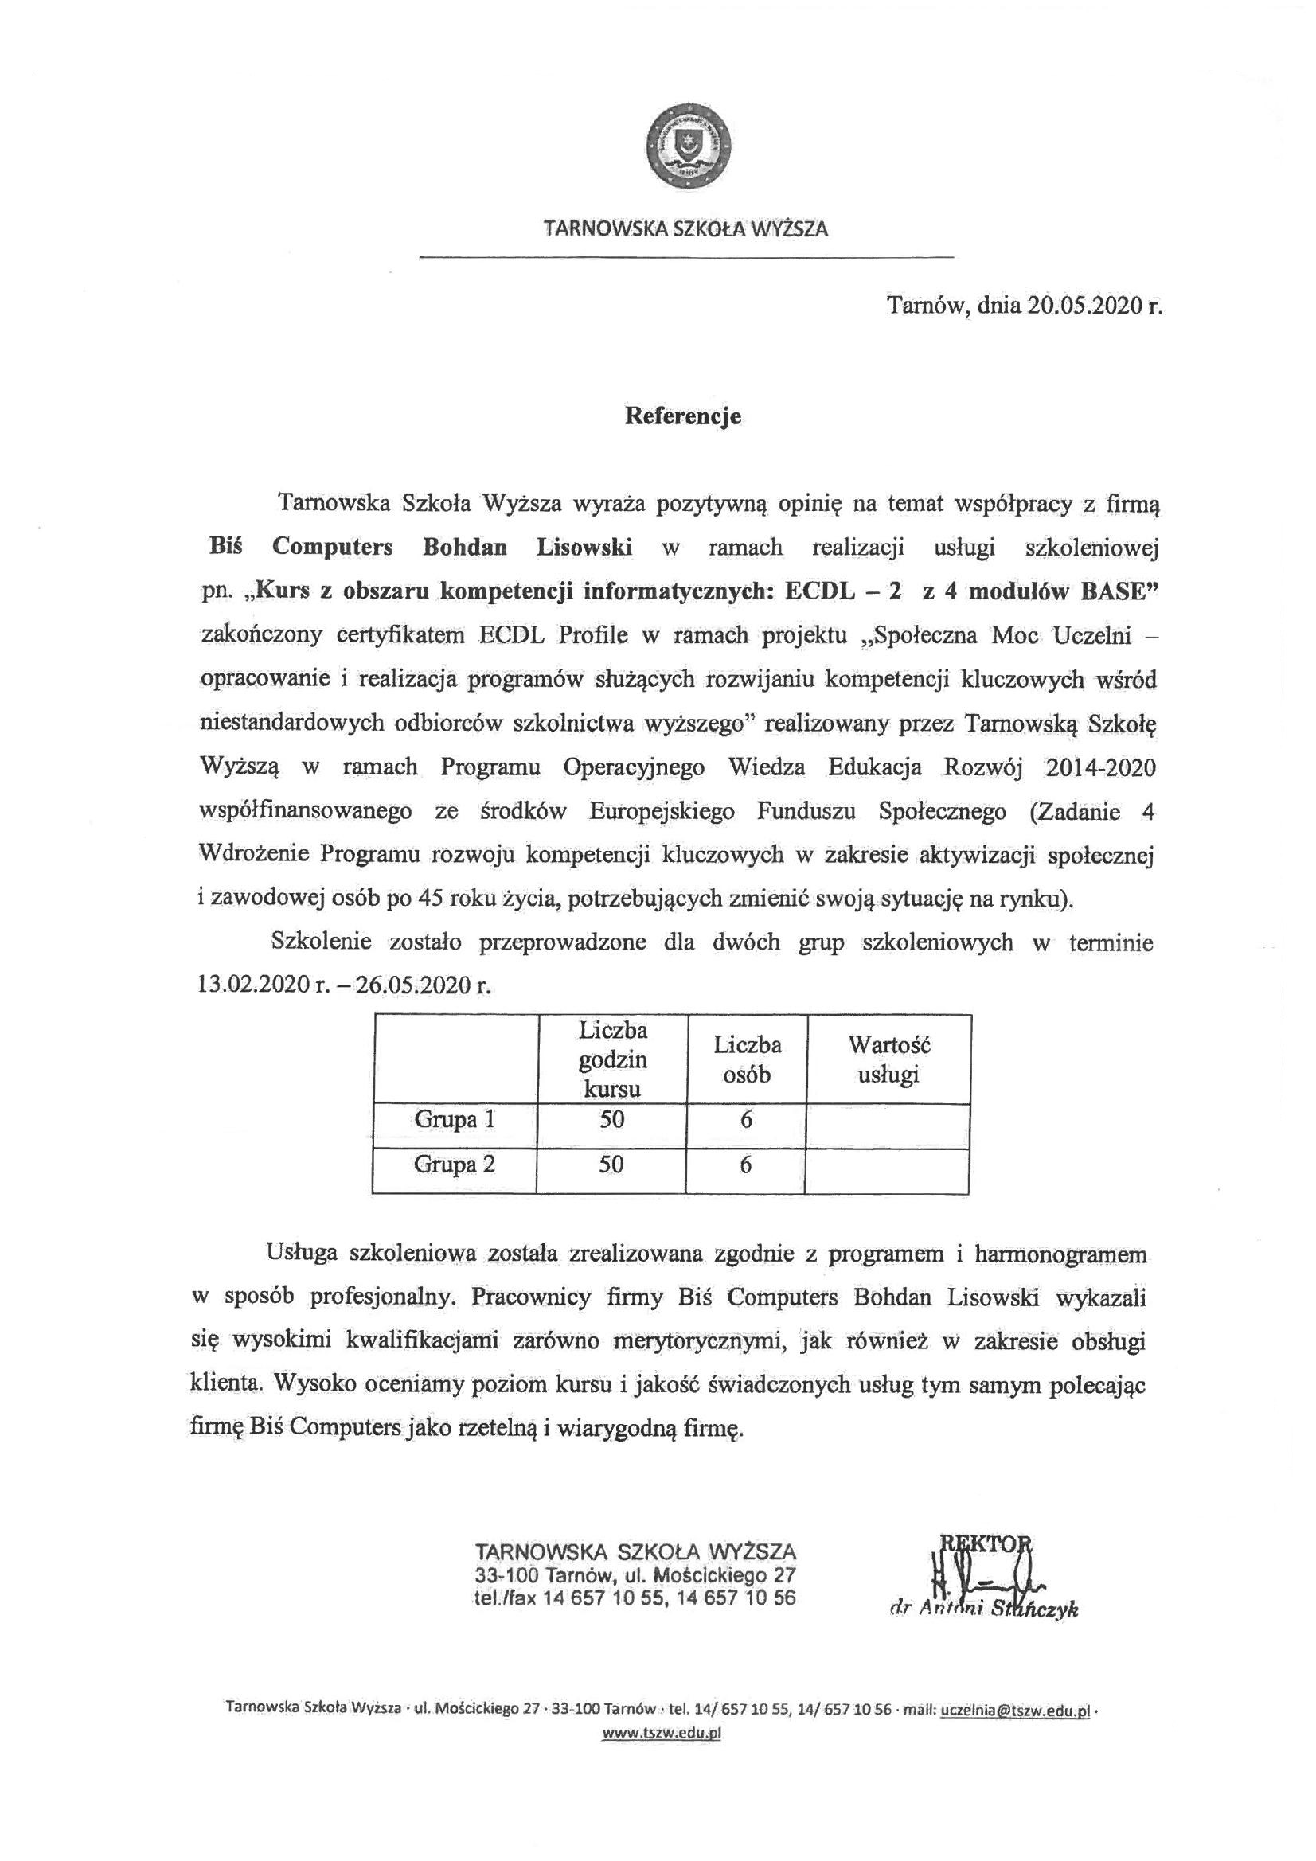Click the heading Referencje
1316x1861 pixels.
click(x=683, y=416)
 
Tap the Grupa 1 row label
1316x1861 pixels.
click(x=454, y=1119)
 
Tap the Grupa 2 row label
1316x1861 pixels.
click(x=454, y=1165)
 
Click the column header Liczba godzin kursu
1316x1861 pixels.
click(x=612, y=1059)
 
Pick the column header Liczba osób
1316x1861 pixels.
click(x=747, y=1059)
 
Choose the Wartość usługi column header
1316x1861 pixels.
click(x=888, y=1059)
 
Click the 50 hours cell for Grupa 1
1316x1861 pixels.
click(x=612, y=1119)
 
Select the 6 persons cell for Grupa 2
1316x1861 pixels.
click(x=746, y=1165)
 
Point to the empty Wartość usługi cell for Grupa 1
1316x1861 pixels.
click(x=888, y=1120)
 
